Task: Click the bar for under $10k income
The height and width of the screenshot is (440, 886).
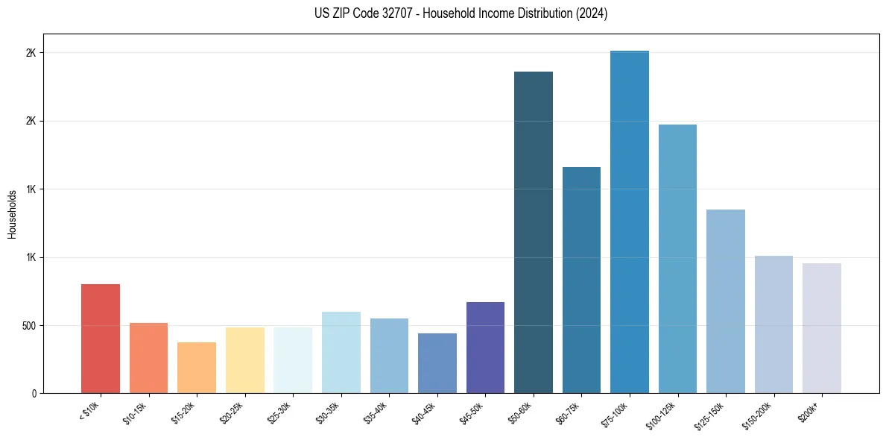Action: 101,339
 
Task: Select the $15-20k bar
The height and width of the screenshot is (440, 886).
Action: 197,368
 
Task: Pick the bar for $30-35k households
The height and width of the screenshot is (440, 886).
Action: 341,352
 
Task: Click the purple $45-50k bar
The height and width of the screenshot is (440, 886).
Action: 485,348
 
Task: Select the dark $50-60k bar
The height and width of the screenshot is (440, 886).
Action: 534,232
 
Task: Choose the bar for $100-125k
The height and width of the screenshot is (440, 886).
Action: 677,259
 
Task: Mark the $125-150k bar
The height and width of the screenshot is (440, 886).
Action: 726,301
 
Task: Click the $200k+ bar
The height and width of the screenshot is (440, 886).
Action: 822,328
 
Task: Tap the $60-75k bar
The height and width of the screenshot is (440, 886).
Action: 581,280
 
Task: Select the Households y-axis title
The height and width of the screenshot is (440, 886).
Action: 13,214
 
